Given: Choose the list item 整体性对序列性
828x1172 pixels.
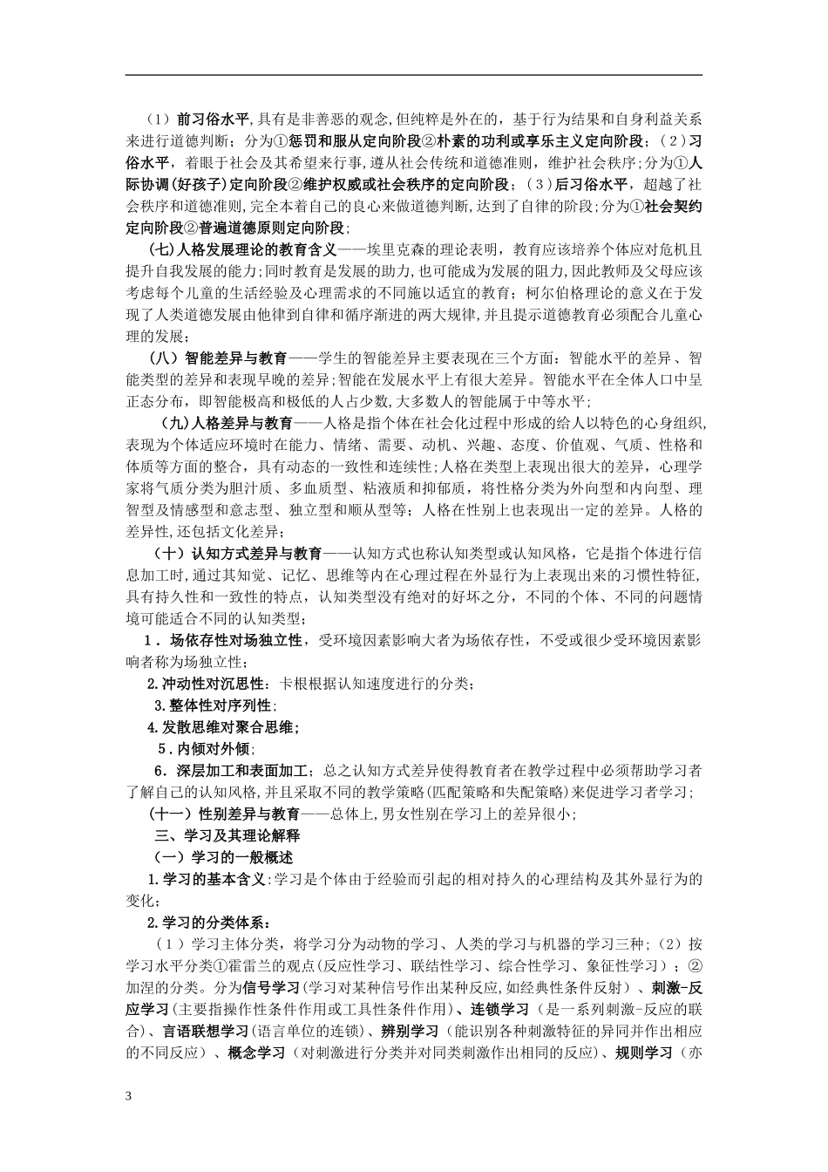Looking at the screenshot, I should tap(214, 705).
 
